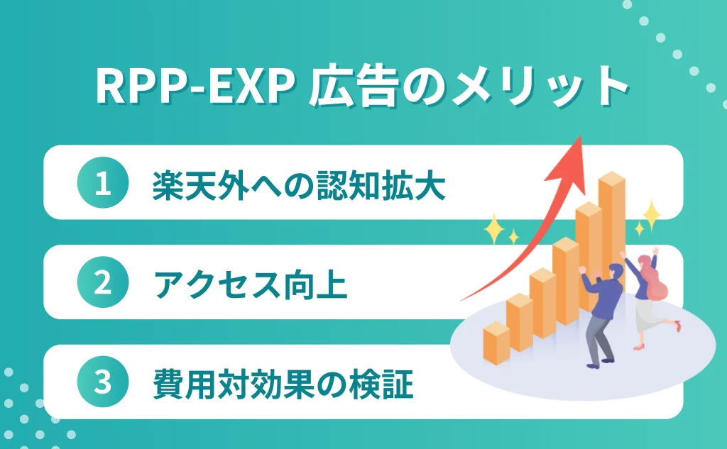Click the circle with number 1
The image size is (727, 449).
pos(102,184)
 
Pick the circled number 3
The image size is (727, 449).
pos(102,383)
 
